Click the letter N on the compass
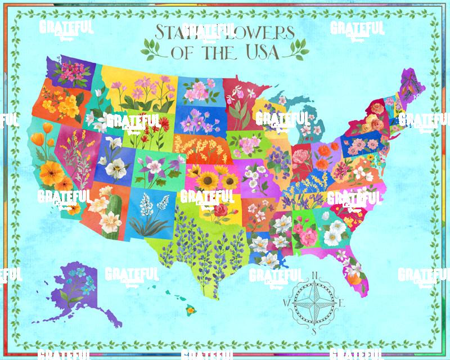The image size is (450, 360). (314, 275)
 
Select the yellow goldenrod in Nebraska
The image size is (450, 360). (200, 147)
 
